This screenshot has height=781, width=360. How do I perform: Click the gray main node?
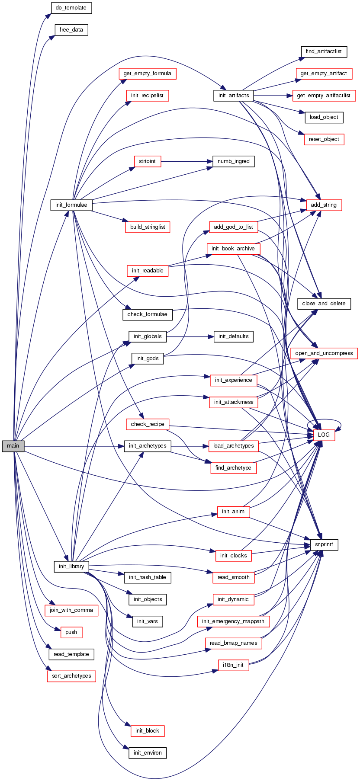(13, 446)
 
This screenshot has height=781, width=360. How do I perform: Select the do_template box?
(71, 8)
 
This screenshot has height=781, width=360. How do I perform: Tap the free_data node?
(71, 30)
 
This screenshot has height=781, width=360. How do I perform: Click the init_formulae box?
(71, 205)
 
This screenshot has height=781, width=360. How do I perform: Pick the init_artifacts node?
(234, 96)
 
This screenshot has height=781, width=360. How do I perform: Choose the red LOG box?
(324, 435)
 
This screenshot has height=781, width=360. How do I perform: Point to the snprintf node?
(324, 545)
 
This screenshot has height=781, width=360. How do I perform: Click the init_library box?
(71, 567)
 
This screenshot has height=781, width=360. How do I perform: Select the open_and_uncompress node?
(324, 353)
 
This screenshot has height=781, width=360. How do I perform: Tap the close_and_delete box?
(324, 304)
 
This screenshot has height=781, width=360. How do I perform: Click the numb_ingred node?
(234, 161)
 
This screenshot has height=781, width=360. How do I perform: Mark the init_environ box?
(148, 753)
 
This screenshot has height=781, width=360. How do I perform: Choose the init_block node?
(148, 731)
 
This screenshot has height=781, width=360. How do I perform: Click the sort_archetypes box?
(71, 676)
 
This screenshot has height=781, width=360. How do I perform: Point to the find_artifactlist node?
(324, 51)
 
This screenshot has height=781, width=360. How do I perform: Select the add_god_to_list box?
(234, 227)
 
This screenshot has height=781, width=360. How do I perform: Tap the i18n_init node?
(234, 665)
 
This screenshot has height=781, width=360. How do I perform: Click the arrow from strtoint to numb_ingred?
(186, 161)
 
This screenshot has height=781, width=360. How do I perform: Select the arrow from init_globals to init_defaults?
(190, 336)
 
